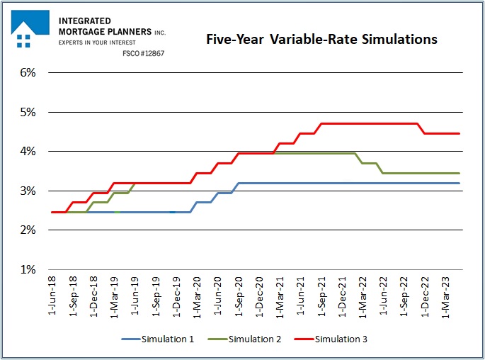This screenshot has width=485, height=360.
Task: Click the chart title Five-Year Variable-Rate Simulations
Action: [x=321, y=39]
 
